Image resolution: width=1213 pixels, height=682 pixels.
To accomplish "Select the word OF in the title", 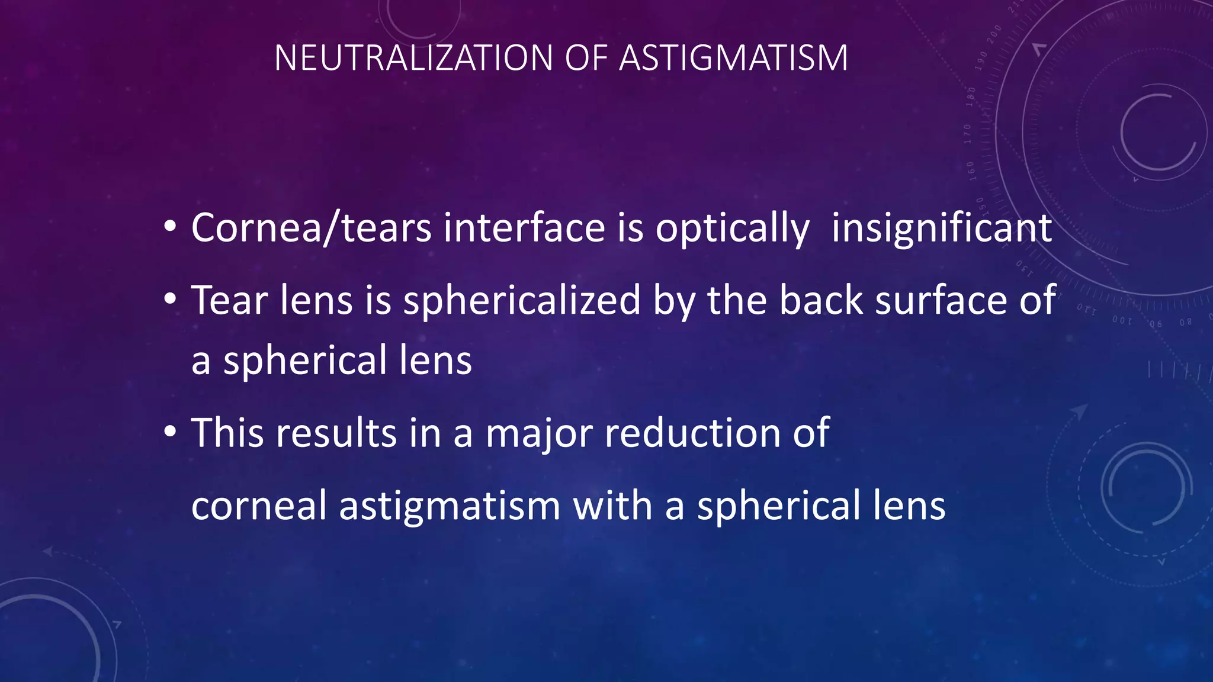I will (586, 58).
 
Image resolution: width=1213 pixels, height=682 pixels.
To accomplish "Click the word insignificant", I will (942, 228).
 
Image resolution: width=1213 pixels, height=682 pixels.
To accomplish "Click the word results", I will (336, 433).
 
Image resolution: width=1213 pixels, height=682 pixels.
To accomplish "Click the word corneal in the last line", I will (259, 506).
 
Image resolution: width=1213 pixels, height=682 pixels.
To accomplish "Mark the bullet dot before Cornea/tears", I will (170, 227).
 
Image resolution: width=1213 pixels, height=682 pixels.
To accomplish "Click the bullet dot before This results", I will (170, 432).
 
